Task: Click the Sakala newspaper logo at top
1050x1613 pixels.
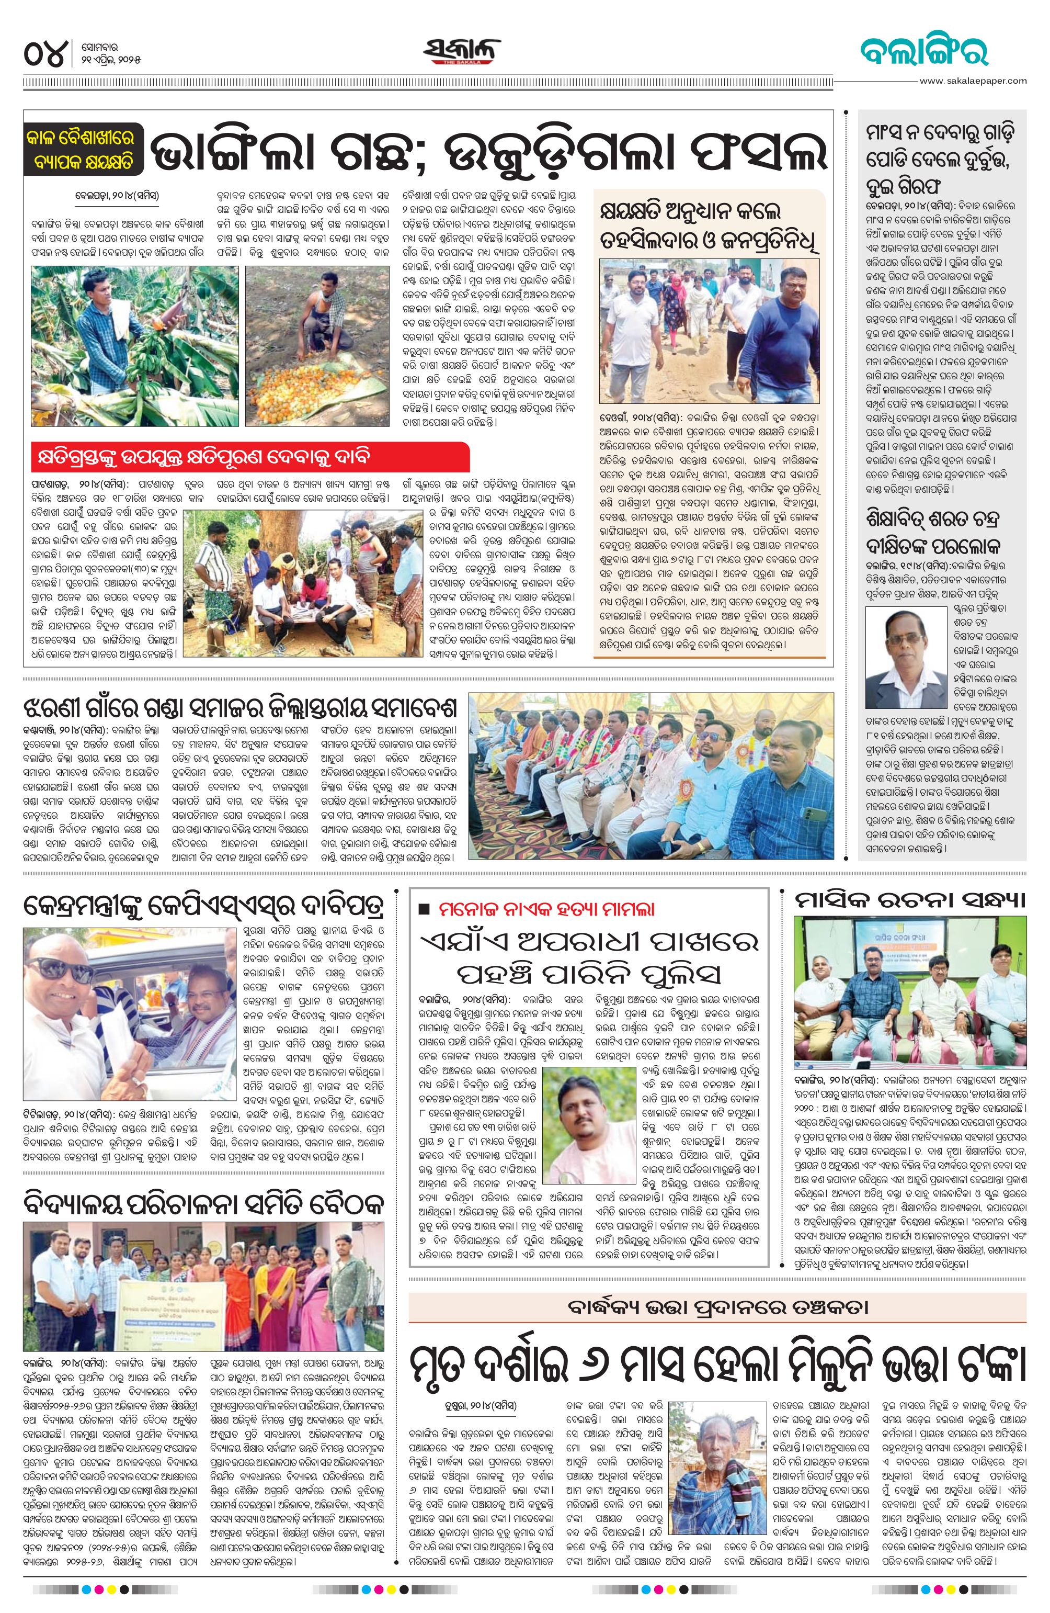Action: tap(463, 53)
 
